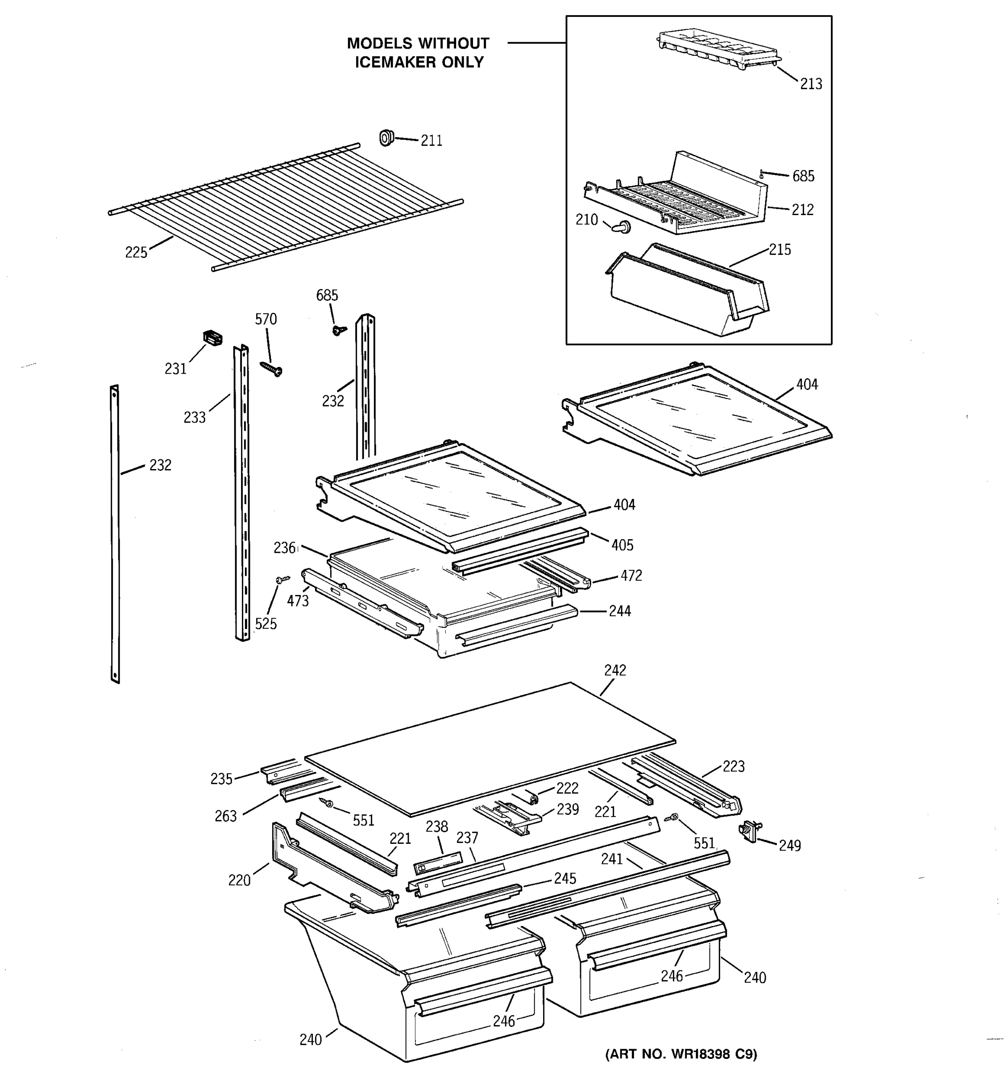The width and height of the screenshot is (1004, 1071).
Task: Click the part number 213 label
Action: tap(811, 84)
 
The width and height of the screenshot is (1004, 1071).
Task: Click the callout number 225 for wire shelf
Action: tap(136, 252)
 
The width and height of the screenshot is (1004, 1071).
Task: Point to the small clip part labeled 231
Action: tap(213, 338)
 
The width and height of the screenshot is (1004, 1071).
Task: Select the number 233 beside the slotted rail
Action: tap(195, 418)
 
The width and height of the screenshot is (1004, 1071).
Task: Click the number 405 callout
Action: tap(622, 545)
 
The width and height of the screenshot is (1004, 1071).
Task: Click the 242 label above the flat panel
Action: tap(614, 670)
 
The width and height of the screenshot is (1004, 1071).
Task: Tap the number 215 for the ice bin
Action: tap(780, 250)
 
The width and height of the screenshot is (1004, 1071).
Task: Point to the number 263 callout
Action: tap(225, 816)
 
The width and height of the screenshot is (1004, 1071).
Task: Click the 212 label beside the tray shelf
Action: tap(802, 210)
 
